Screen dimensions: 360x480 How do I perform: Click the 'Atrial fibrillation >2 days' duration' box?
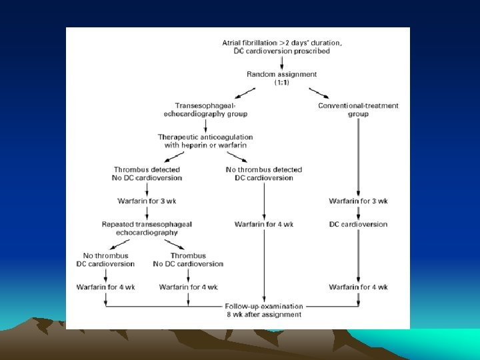coord(282,47)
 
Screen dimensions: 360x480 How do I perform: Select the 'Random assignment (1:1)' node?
coord(282,78)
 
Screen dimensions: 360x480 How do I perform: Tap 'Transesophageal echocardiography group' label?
coord(205,109)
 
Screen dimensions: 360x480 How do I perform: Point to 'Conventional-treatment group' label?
coord(358,109)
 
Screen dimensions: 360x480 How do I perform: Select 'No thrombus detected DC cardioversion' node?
coord(264,173)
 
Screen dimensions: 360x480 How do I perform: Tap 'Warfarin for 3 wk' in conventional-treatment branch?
coord(358,201)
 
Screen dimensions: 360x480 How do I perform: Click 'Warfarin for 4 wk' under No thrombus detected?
coord(264,224)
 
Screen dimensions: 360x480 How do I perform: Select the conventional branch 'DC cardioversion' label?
coord(358,224)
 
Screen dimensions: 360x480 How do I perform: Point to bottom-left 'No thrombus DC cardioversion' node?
coord(105,259)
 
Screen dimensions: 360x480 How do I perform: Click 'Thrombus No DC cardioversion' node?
coord(188,259)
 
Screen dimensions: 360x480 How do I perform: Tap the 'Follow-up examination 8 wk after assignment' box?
coord(264,310)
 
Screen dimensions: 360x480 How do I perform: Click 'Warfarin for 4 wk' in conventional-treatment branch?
coord(358,287)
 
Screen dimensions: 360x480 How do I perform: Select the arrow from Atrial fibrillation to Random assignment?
coord(282,63)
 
